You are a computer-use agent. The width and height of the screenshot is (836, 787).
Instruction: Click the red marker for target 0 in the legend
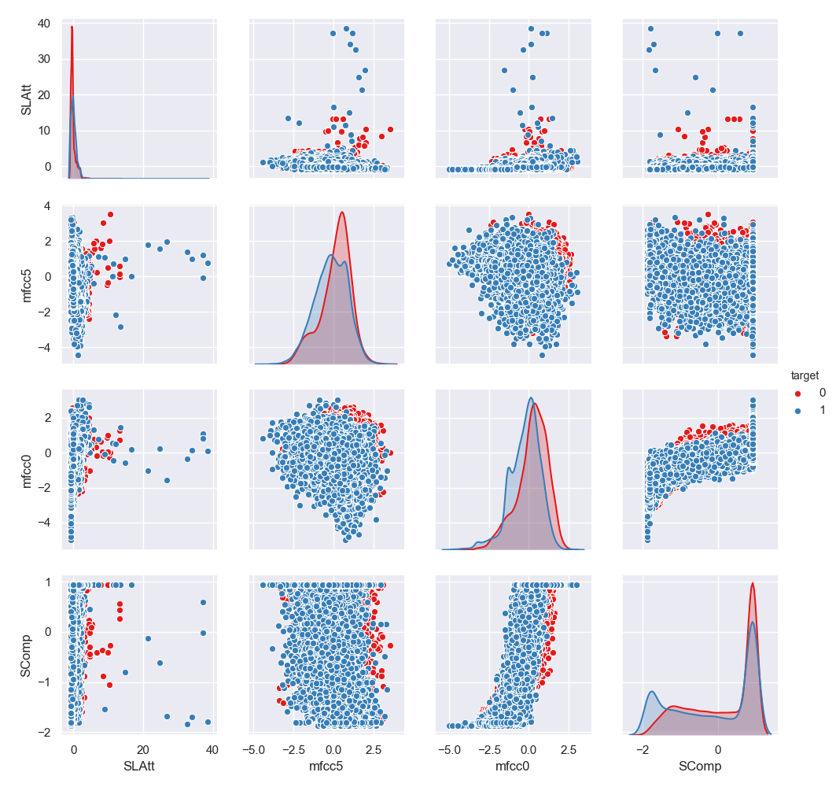click(799, 392)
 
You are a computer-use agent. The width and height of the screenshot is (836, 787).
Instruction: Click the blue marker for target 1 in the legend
click(799, 409)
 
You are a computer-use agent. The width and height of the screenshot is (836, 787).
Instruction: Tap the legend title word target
click(807, 375)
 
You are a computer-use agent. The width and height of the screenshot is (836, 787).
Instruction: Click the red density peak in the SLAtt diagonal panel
click(72, 28)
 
